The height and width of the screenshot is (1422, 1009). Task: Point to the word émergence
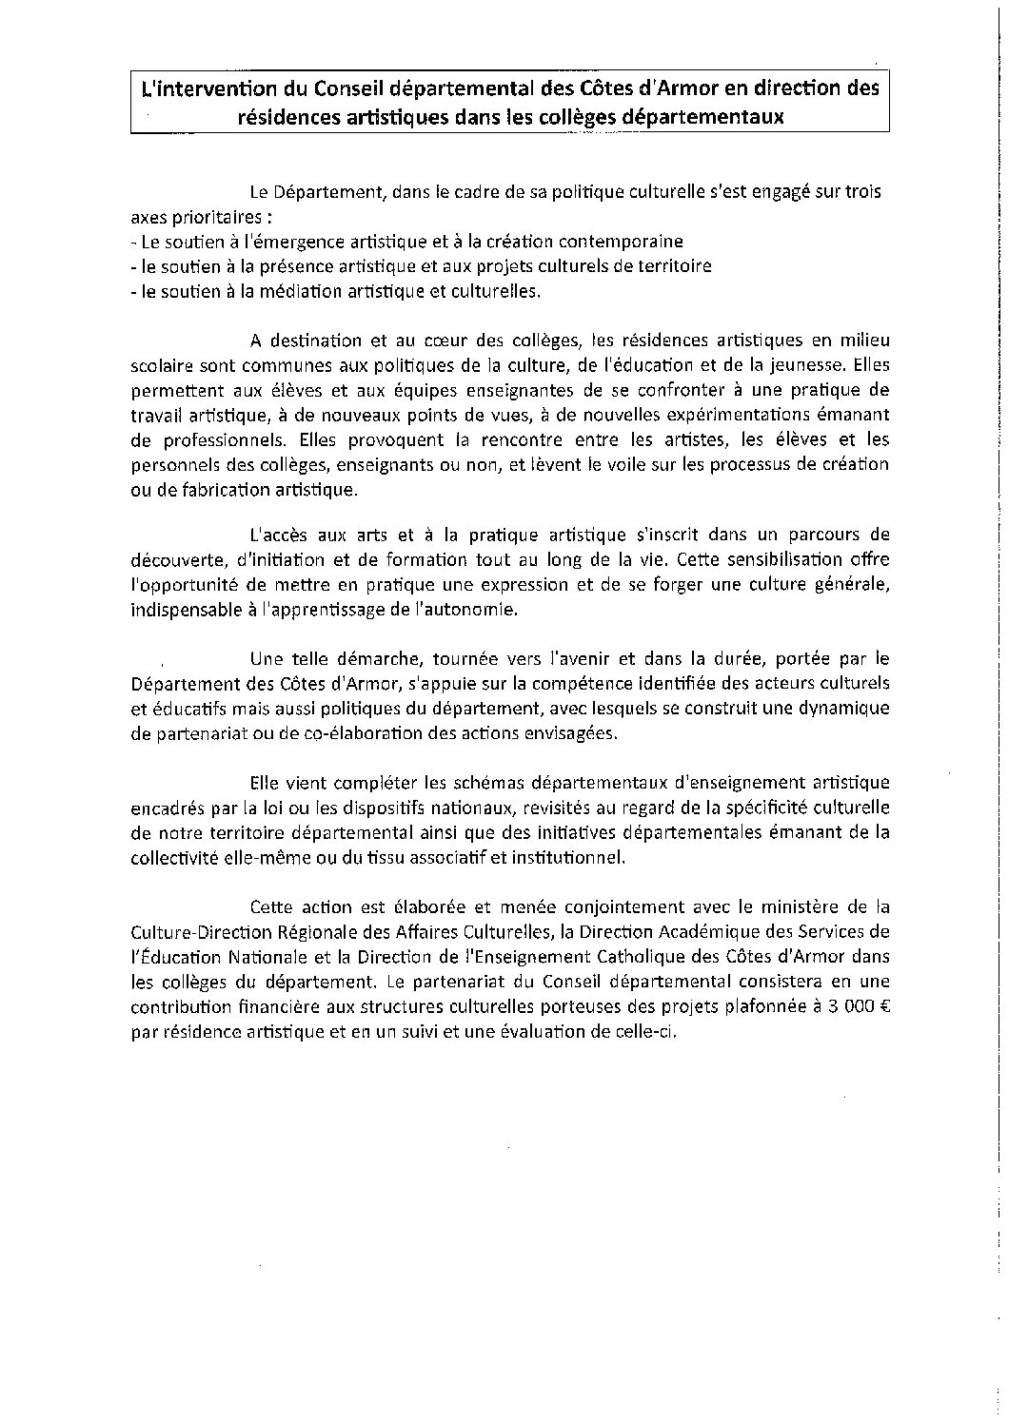pyautogui.click(x=306, y=241)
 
